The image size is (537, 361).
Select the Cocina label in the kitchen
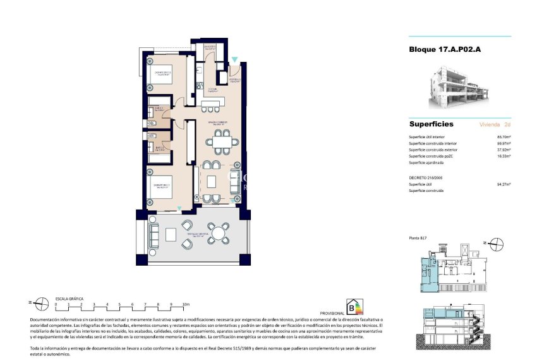[x=213, y=90]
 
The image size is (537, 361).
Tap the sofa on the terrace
[x=154, y=235]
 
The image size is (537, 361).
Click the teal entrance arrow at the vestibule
[x=234, y=59]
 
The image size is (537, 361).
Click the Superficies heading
[x=431, y=124]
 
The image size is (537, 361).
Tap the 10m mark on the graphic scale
[x=185, y=304]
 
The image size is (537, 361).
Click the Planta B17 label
[x=419, y=238]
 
